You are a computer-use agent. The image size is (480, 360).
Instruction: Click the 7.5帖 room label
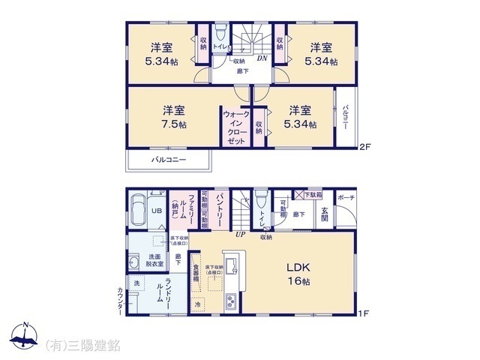click(x=172, y=117)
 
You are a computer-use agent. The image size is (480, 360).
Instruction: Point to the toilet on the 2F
click(x=221, y=37)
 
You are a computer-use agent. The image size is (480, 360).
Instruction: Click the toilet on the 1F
click(x=260, y=202)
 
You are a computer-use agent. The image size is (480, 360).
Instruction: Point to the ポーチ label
click(x=346, y=197)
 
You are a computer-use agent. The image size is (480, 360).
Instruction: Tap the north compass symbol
click(x=24, y=337)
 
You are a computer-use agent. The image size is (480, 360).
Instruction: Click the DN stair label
click(x=262, y=58)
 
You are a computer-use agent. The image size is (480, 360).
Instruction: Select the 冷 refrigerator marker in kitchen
click(x=198, y=304)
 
